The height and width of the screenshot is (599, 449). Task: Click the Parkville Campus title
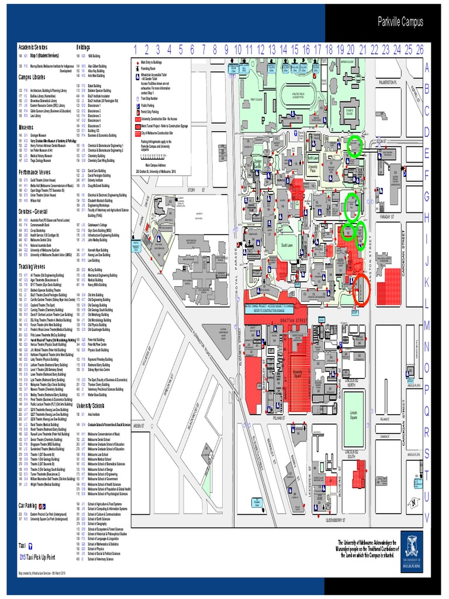point(400,23)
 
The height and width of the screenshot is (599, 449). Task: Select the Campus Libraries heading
point(34,77)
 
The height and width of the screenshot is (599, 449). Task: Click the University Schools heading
point(91,405)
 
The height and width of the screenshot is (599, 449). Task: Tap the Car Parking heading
point(28,505)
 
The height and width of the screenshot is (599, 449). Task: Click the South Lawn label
point(286,245)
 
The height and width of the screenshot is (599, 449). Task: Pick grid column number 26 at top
point(420,49)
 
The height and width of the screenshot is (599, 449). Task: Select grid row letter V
point(427,517)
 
